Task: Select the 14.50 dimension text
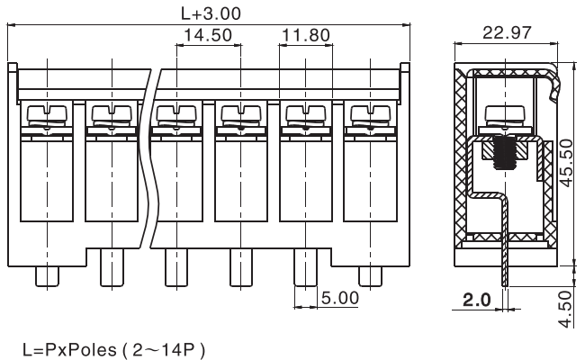[x=209, y=36]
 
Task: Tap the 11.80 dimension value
[x=306, y=36]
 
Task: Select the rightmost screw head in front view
[x=369, y=115]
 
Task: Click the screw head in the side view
[x=501, y=115]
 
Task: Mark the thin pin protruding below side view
[x=504, y=266]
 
